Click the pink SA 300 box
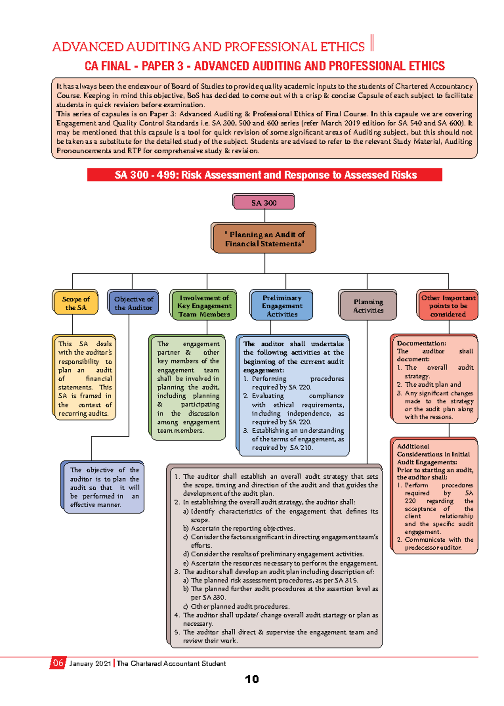click(x=264, y=203)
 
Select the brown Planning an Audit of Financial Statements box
click(x=264, y=239)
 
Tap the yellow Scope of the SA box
click(x=76, y=303)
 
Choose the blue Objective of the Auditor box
click(x=134, y=303)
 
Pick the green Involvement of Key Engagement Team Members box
click(x=204, y=306)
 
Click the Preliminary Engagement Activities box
click(x=282, y=306)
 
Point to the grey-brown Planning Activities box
click(x=368, y=306)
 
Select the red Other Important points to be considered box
click(x=448, y=306)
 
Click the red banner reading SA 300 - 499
click(x=265, y=175)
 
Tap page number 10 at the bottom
click(x=252, y=679)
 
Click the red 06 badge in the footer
click(x=58, y=663)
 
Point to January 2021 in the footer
click(x=90, y=664)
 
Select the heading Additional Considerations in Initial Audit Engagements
click(x=433, y=454)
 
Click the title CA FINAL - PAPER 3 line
click(x=265, y=66)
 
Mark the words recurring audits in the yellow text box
click(x=83, y=414)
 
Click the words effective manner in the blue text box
click(x=95, y=505)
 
